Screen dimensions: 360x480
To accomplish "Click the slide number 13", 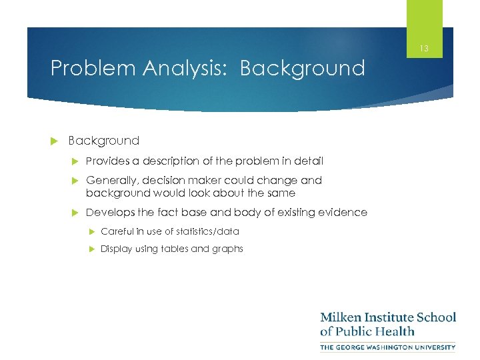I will [425, 49].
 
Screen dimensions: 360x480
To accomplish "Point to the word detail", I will [307, 161].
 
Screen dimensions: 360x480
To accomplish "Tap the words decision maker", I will [181, 180].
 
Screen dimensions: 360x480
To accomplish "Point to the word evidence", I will [343, 212].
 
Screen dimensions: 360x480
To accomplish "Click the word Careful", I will [117, 231].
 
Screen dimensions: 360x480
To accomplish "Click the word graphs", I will [228, 249].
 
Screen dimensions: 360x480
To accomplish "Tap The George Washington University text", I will [388, 347].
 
